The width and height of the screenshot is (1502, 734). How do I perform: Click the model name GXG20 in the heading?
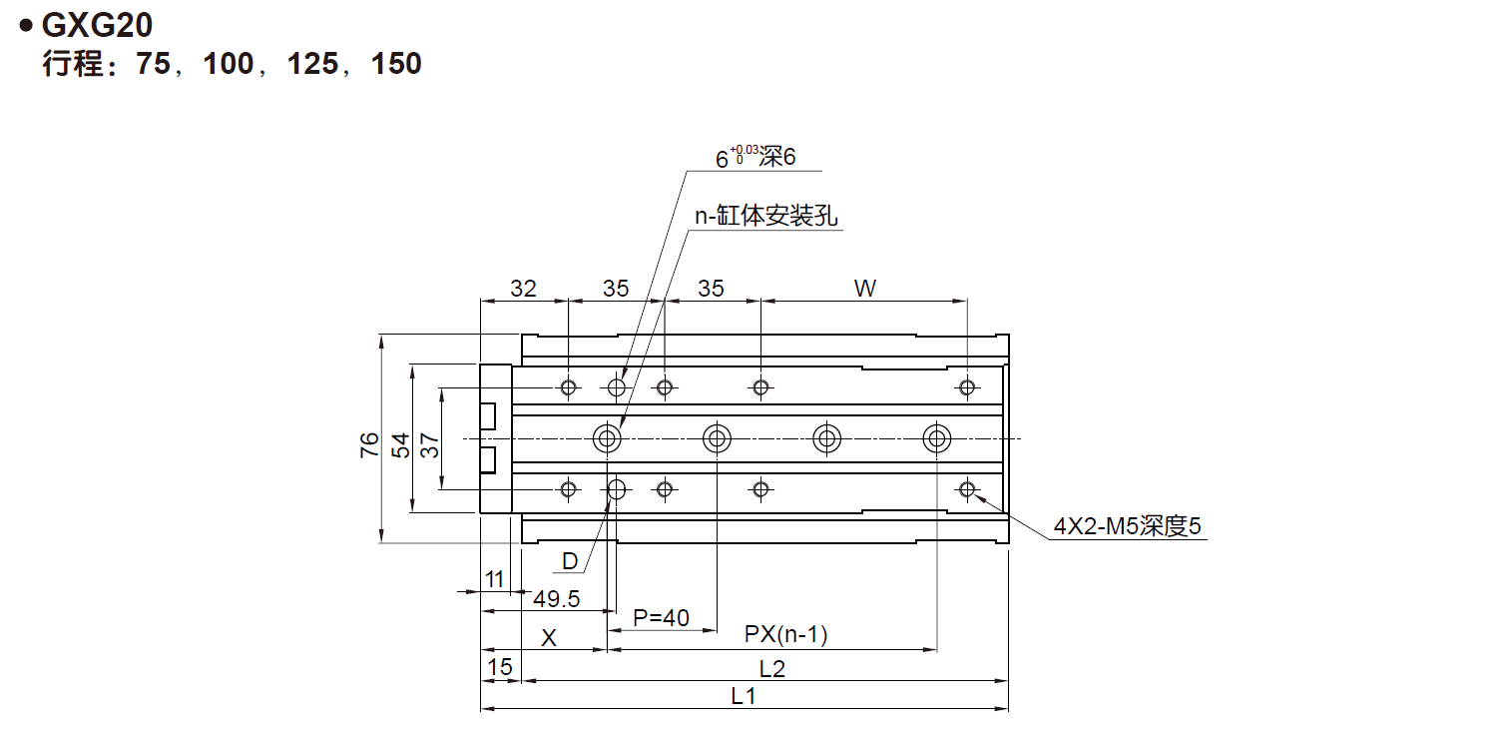[97, 25]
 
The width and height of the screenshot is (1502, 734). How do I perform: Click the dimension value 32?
[523, 289]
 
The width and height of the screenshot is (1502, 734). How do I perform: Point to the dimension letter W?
[864, 289]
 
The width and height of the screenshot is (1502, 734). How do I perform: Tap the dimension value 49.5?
[557, 599]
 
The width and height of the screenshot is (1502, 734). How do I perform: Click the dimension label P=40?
[662, 618]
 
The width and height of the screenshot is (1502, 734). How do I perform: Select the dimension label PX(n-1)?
[786, 635]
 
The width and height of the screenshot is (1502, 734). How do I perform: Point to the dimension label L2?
[772, 668]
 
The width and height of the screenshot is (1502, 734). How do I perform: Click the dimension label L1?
[743, 697]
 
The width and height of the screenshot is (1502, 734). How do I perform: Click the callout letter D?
[570, 561]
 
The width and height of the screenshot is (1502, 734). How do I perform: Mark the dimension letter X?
[548, 638]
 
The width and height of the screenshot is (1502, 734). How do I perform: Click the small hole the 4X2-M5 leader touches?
[966, 488]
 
